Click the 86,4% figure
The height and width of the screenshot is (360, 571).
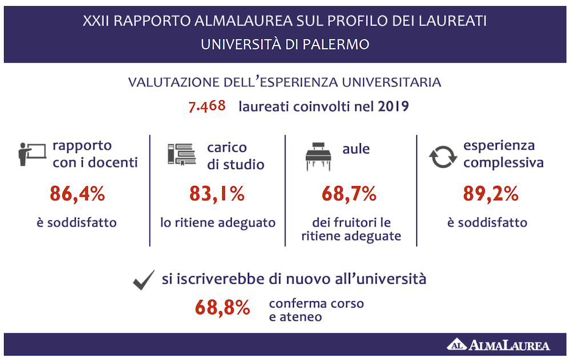(x=77, y=194)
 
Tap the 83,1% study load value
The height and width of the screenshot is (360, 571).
(x=217, y=194)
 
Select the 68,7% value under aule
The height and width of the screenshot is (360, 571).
(x=349, y=194)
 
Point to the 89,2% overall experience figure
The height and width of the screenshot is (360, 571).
(x=490, y=194)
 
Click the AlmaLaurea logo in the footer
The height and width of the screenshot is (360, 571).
(x=498, y=345)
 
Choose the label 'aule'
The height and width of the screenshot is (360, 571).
(x=356, y=149)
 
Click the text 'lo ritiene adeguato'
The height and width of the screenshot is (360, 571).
(x=218, y=223)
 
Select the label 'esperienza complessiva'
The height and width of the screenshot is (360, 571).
(x=502, y=155)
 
